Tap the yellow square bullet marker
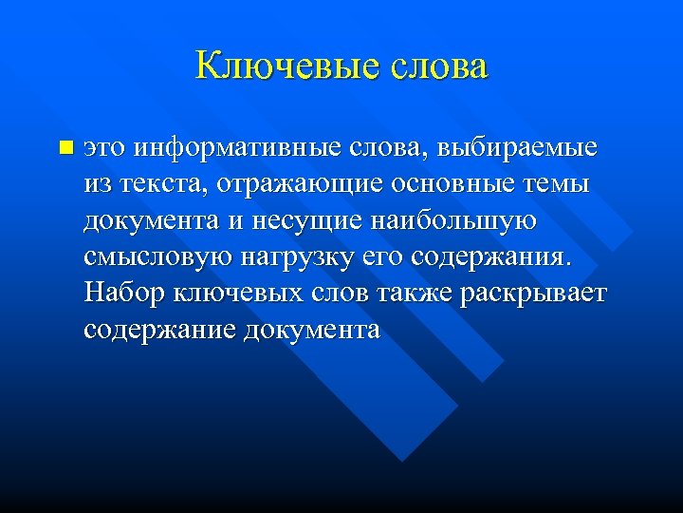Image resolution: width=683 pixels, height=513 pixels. pos(65,148)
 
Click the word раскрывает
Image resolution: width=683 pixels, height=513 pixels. pos(532,293)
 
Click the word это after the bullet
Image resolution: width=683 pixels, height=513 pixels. pos(104,148)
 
